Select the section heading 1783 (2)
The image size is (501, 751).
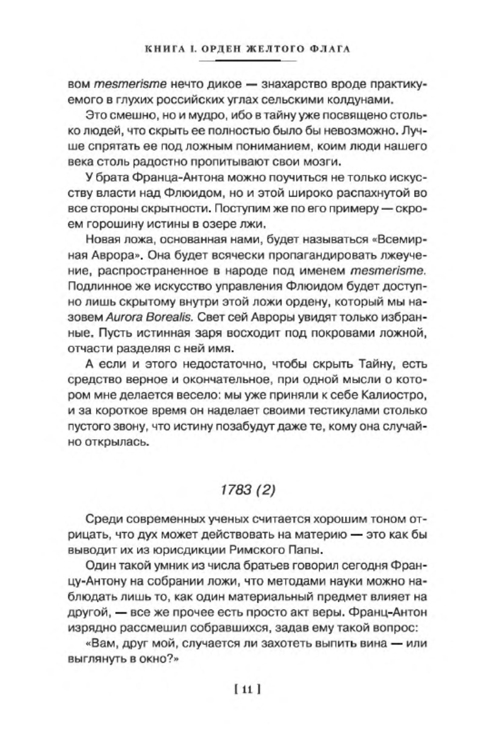(x=248, y=490)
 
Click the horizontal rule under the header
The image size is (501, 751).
(x=248, y=60)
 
